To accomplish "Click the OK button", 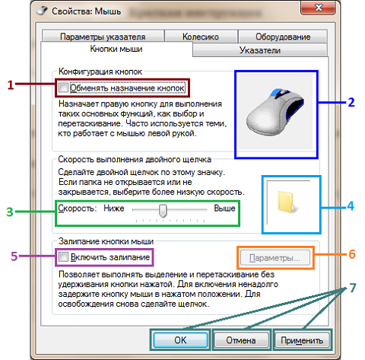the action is click(180, 340).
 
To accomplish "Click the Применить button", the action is click(302, 340).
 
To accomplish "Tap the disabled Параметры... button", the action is click(275, 258).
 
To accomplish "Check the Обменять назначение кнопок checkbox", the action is click(63, 88).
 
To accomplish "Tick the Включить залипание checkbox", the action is click(63, 257).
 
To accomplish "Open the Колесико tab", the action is click(201, 37).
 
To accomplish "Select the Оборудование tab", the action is click(283, 37).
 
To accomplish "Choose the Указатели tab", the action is click(260, 50).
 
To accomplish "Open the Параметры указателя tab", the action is click(103, 37).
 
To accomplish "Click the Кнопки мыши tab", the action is click(116, 49).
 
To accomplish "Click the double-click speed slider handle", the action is click(163, 210).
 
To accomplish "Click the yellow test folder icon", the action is click(287, 202).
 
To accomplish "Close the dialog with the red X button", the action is click(319, 8).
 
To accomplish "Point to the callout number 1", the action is click(10, 85).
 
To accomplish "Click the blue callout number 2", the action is click(351, 102).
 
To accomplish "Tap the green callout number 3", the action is click(10, 212).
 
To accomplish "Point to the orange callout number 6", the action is click(352, 254).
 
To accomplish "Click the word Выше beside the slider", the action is click(224, 209).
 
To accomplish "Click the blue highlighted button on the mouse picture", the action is click(276, 92).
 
